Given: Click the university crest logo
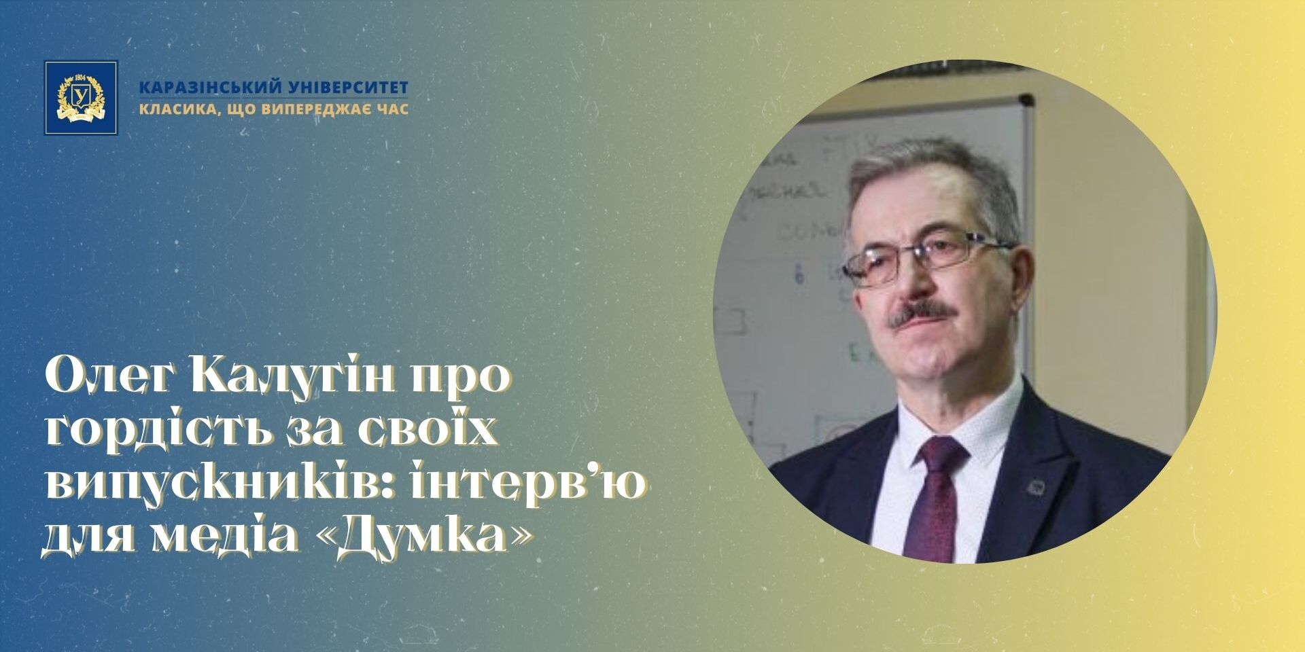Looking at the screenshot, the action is (81, 98).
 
